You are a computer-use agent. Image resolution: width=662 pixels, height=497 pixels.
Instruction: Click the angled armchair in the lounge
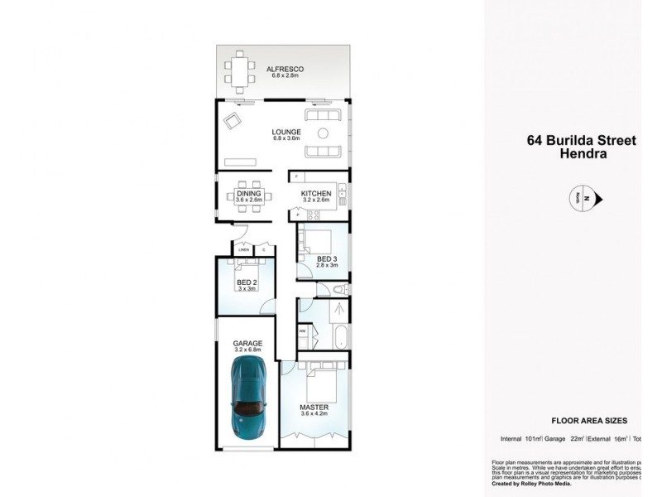point(232,123)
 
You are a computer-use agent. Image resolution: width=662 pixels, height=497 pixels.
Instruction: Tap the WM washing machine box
point(303,330)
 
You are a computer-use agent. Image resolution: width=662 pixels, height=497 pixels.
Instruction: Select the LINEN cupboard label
point(243,249)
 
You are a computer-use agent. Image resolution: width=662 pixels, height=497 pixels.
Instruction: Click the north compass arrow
point(601,199)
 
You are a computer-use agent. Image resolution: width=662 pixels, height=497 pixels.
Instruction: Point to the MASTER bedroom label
point(314,408)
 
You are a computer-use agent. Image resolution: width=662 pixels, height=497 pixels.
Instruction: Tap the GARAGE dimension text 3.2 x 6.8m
point(247,350)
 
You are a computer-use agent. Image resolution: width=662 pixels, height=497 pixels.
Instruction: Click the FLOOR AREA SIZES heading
point(588,420)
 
